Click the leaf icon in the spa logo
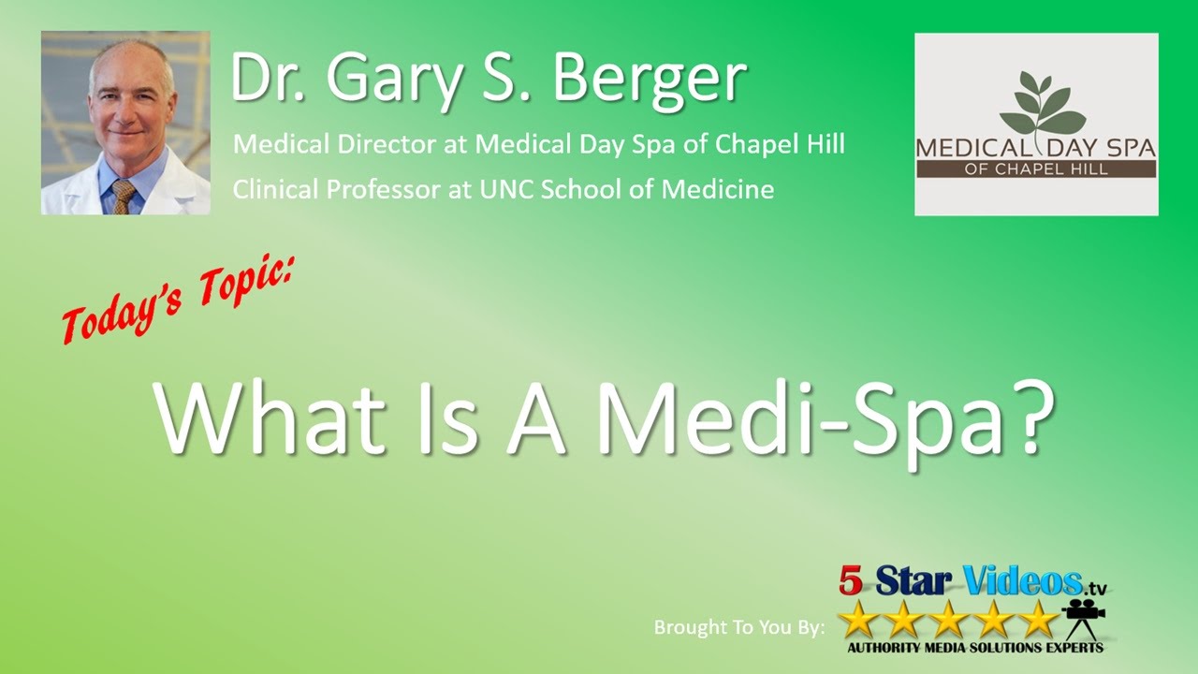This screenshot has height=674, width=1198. coord(1037,104)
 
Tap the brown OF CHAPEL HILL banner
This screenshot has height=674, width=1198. coord(1036,169)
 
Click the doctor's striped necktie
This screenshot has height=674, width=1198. coord(123,194)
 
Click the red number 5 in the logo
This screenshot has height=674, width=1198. coord(850,581)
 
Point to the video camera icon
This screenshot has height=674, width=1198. coord(1084,614)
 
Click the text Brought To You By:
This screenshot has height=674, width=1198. coord(739,627)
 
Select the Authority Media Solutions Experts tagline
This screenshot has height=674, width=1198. coord(974,647)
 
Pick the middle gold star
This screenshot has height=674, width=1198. coord(948,619)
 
